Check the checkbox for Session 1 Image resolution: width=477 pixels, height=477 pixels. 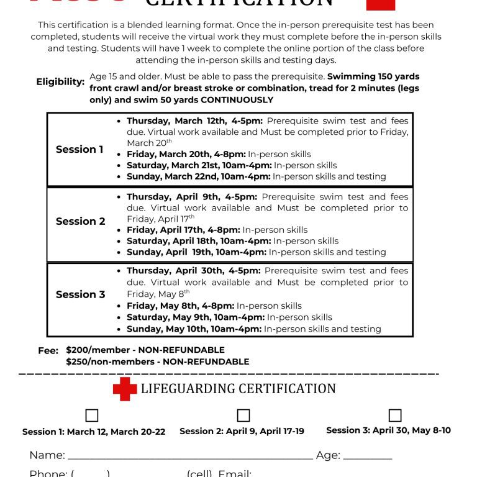92,416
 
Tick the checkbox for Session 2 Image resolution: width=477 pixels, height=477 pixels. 243,416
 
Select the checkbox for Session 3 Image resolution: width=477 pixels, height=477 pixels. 395,415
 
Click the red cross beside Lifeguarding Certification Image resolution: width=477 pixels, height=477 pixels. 124,389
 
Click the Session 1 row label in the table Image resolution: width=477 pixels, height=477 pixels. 79,149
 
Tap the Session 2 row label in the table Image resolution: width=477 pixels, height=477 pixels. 80,221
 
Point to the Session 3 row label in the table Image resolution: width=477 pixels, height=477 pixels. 80,294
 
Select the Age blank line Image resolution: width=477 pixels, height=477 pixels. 367,457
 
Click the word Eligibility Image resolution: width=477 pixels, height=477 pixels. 60,82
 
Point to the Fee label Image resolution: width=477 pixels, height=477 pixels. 48,351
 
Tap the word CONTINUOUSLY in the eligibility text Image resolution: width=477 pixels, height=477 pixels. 237,100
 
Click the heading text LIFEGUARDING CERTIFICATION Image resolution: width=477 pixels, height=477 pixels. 238,389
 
